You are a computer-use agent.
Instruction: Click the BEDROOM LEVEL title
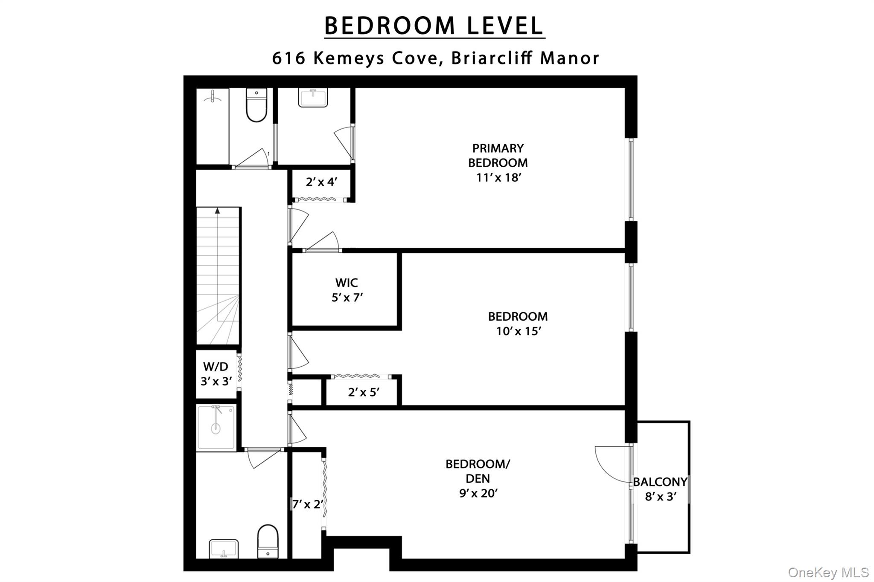pyautogui.click(x=434, y=26)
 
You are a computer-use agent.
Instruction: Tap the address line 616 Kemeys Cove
pyautogui.click(x=435, y=58)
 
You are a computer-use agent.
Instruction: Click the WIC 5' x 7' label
pyautogui.click(x=347, y=290)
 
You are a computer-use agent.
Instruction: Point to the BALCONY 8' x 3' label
pyautogui.click(x=660, y=489)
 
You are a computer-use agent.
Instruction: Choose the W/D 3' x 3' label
pyautogui.click(x=216, y=374)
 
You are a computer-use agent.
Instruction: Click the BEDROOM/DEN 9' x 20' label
pyautogui.click(x=478, y=478)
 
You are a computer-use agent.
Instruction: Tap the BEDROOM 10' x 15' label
pyautogui.click(x=518, y=323)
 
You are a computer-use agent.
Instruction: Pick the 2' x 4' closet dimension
pyautogui.click(x=322, y=182)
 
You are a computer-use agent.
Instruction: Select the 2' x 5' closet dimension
pyautogui.click(x=364, y=392)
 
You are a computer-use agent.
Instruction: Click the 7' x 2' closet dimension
pyautogui.click(x=307, y=504)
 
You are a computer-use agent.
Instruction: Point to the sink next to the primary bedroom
pyautogui.click(x=313, y=98)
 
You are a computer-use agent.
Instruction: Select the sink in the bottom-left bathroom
pyautogui.click(x=224, y=548)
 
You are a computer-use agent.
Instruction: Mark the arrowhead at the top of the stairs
pyautogui.click(x=218, y=210)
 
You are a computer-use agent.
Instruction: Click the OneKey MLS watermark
pyautogui.click(x=828, y=572)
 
